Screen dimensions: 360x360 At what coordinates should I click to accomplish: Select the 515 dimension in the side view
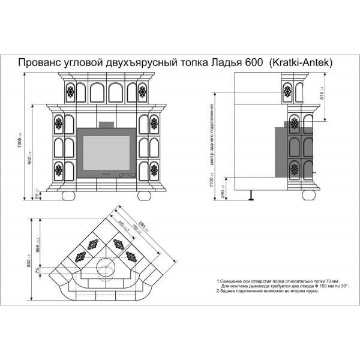[323, 97]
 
